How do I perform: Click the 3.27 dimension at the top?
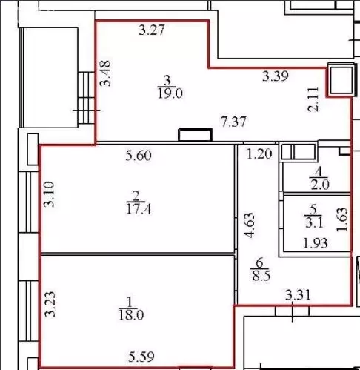pyautogui.click(x=152, y=31)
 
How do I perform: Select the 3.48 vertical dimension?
pyautogui.click(x=105, y=73)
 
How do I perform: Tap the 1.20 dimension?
pyautogui.click(x=259, y=155)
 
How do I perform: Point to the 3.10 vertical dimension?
pyautogui.click(x=49, y=194)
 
